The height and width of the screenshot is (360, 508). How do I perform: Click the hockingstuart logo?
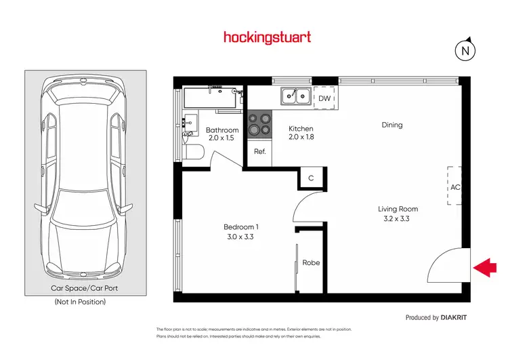[267, 37]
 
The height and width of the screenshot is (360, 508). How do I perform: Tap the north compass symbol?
[465, 50]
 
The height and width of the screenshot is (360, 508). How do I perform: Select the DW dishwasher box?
[324, 98]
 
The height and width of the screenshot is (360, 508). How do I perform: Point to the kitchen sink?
[296, 97]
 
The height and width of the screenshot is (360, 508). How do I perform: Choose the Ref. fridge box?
[259, 152]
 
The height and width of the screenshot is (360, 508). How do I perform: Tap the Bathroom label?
[222, 130]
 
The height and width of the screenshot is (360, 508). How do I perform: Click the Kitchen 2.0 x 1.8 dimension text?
[301, 136]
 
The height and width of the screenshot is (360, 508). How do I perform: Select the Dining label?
[391, 125]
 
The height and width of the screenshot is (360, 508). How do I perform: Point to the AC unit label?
[455, 186]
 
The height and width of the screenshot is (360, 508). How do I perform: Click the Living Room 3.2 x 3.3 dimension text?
[398, 219]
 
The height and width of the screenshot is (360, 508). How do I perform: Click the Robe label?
[311, 262]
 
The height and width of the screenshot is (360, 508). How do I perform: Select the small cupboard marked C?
[311, 178]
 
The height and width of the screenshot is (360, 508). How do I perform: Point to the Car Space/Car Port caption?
[80, 288]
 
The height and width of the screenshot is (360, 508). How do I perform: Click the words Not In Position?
[80, 302]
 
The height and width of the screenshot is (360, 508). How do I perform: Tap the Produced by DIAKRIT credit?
[436, 317]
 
